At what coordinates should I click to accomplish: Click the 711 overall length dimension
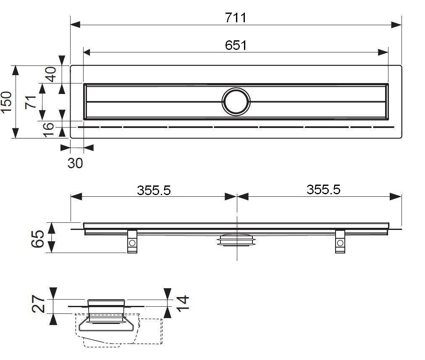pos(236,18)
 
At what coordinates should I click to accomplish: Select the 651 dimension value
pos(236,45)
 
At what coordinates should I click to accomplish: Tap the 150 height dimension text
pos(6,102)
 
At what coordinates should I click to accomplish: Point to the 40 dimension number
pos(51,74)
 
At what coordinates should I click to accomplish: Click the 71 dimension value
pos(31,102)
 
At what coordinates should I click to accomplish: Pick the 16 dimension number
pos(48,130)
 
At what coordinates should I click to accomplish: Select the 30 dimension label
pos(75,163)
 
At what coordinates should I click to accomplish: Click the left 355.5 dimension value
pos(154,190)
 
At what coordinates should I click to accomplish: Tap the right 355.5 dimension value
pos(323,189)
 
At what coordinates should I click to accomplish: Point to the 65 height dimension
pos(37,239)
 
